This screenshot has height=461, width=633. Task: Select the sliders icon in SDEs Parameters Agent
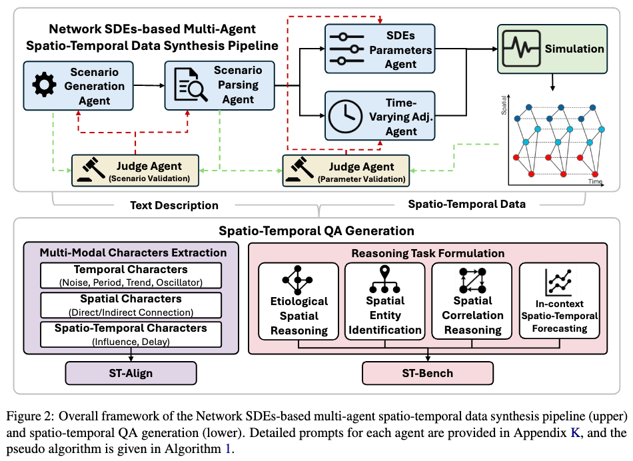click(x=344, y=49)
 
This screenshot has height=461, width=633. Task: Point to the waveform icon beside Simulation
click(x=521, y=48)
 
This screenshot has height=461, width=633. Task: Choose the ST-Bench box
click(x=427, y=372)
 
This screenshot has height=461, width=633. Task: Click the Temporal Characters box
click(x=131, y=275)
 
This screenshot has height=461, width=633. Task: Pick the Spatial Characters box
click(x=131, y=304)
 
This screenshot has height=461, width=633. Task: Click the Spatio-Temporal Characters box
click(x=131, y=332)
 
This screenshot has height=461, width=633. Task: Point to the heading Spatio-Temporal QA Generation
click(x=316, y=230)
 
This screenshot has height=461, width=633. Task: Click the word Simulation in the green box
click(x=574, y=49)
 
